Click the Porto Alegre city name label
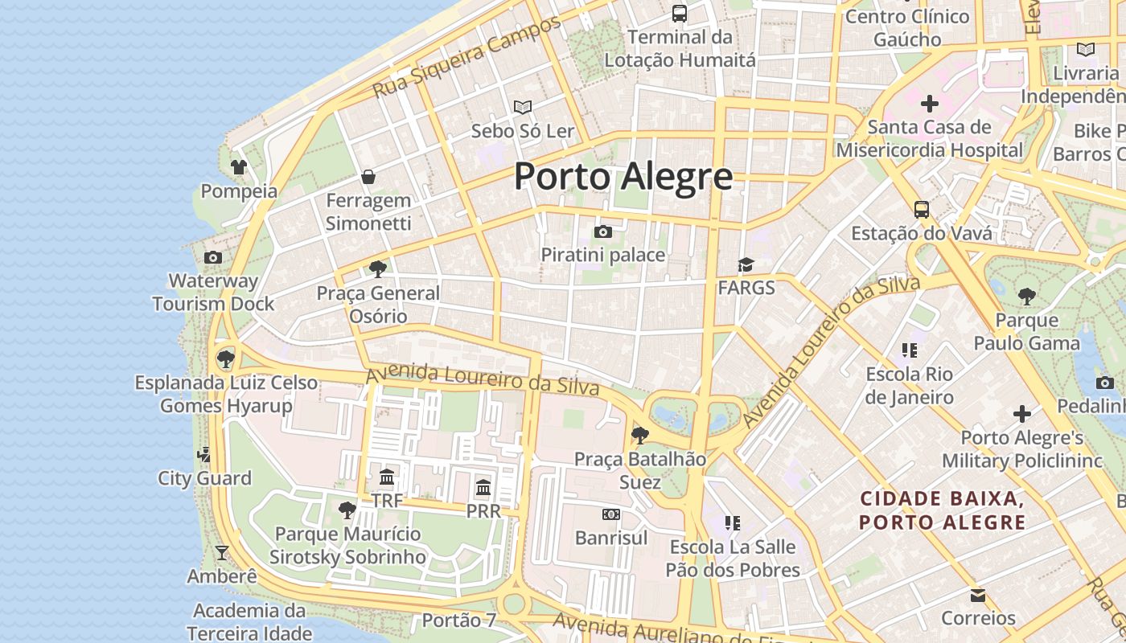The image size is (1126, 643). [623, 176]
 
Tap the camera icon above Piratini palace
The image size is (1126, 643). [603, 232]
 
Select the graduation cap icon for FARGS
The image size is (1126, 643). [746, 265]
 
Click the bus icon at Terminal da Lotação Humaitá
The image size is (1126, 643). [680, 14]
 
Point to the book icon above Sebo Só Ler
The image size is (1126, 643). [523, 107]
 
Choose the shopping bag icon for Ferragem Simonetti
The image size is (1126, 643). [368, 177]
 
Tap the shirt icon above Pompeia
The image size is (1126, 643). [239, 167]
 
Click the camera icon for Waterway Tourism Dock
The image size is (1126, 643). [213, 258]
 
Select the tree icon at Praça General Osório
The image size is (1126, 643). [378, 269]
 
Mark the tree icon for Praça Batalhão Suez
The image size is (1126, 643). [640, 436]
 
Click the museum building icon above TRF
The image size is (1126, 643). [387, 477]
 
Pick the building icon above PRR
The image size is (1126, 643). [483, 488]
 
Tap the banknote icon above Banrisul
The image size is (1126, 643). [611, 514]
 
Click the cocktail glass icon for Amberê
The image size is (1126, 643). [222, 553]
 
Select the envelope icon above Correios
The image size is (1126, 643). [978, 596]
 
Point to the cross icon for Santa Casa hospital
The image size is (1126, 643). [930, 104]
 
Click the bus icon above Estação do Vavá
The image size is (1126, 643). [922, 210]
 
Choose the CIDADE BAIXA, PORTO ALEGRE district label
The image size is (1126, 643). [942, 510]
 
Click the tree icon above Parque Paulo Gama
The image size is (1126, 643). [1027, 297]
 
